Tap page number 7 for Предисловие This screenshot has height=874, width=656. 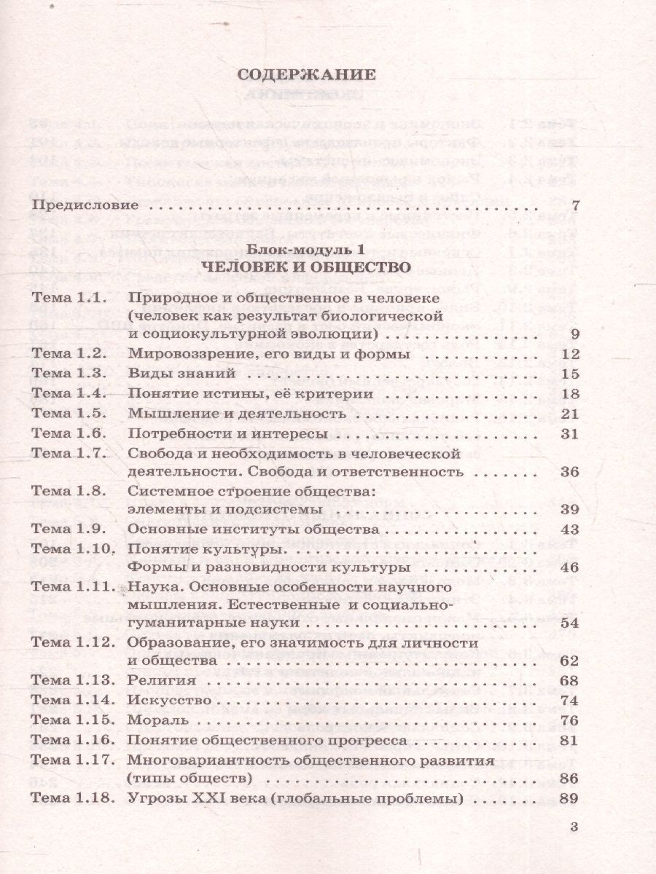pos(575,206)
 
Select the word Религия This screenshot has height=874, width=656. pos(160,680)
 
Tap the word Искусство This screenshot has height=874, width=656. pos(169,700)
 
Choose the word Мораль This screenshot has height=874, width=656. pos(157,720)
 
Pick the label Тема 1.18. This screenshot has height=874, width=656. pos(71,798)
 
